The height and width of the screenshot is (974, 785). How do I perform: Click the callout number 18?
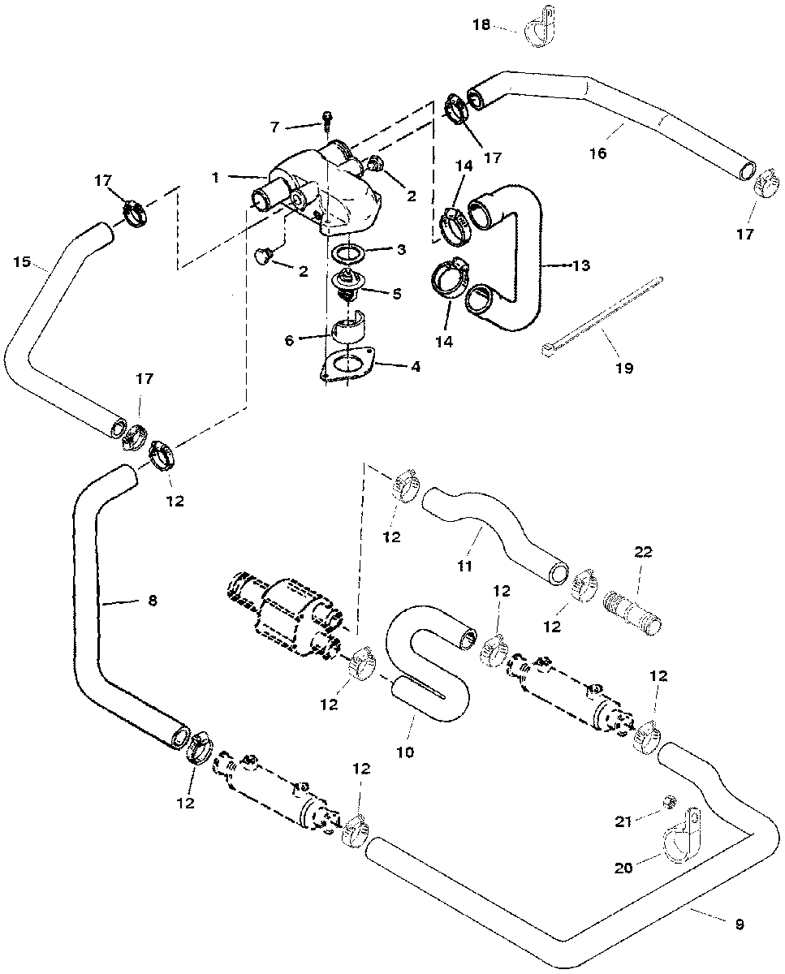click(x=481, y=25)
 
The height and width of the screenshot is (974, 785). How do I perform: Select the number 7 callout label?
click(x=275, y=127)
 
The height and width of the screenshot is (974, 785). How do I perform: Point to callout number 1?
click(x=215, y=177)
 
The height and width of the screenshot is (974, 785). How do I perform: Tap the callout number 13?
click(x=581, y=265)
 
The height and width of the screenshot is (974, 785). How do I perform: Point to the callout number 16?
click(x=597, y=153)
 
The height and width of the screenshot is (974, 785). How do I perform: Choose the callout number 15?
click(x=22, y=261)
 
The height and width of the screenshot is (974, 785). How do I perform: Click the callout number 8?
click(x=152, y=601)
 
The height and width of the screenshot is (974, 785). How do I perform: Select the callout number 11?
click(x=464, y=566)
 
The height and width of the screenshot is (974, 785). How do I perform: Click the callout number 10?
click(x=405, y=752)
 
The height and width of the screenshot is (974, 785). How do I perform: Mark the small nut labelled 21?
click(x=671, y=803)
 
